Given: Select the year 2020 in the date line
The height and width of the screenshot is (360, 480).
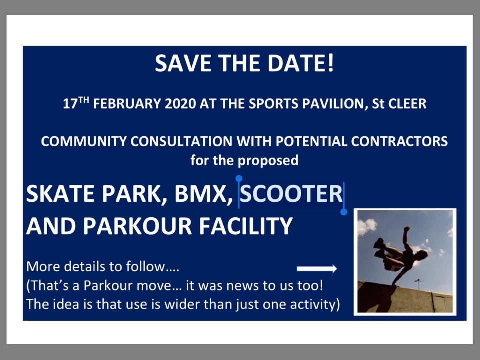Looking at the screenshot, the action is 180,104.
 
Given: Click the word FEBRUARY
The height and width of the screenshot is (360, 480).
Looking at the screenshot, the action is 127,104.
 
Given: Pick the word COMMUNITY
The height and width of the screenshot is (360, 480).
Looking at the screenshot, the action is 84,141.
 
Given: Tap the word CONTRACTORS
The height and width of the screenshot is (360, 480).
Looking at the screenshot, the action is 399,141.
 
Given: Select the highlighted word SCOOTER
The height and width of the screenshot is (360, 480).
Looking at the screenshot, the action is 291,194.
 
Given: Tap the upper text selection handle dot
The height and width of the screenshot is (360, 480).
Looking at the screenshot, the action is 239,178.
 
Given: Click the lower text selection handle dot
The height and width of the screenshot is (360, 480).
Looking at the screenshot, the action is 344,212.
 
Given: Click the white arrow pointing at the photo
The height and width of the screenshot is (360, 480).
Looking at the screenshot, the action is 317,269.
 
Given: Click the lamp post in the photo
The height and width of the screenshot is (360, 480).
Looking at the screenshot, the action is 418,284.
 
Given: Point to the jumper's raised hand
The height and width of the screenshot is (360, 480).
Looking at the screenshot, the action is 407,229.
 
